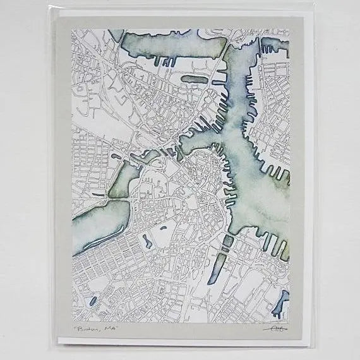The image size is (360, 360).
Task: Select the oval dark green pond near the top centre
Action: pyautogui.click(x=193, y=80)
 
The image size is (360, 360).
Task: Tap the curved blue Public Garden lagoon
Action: pyautogui.click(x=146, y=241)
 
